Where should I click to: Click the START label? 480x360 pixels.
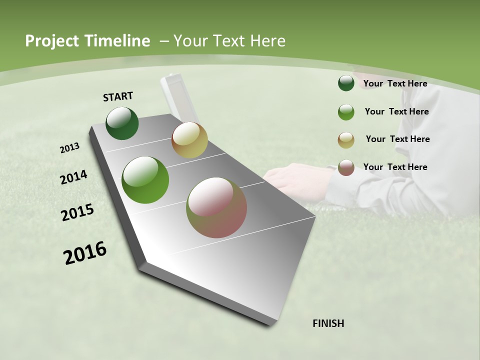click(118, 96)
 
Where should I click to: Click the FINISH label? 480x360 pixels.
click(328, 323)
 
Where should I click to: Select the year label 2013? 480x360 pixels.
click(70, 148)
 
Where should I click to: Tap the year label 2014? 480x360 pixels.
click(74, 177)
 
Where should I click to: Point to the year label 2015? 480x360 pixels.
click(77, 212)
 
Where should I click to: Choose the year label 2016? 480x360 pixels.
click(85, 253)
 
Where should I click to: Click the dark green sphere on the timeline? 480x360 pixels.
click(122, 123)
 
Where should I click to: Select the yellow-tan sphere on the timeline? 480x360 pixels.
click(189, 140)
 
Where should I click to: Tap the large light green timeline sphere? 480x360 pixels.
click(145, 180)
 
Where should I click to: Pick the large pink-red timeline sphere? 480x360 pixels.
click(216, 207)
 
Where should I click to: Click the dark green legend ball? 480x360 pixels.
click(346, 83)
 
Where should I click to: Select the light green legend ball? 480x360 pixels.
click(346, 112)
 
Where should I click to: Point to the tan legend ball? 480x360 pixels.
click(346, 140)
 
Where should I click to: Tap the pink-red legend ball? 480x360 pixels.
click(346, 167)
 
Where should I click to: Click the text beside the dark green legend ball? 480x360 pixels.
click(395, 83)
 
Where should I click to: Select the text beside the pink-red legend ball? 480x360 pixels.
click(395, 167)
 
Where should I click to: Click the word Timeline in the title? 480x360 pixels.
click(118, 41)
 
